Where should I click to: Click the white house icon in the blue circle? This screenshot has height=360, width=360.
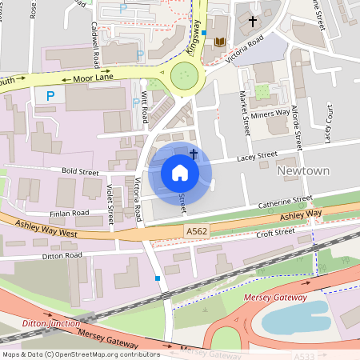[180, 173]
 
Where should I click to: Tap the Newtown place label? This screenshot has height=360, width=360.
[302, 171]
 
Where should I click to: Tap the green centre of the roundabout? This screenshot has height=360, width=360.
[184, 78]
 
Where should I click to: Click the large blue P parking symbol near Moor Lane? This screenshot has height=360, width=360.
[50, 96]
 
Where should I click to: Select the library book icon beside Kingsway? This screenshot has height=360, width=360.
[219, 42]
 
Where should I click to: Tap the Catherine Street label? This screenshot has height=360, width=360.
[284, 202]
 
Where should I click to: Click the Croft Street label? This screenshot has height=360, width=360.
[275, 232]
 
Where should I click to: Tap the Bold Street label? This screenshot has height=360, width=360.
[79, 172]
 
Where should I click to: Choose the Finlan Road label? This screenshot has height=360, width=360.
[68, 214]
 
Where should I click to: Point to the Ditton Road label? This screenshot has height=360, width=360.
[62, 256]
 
